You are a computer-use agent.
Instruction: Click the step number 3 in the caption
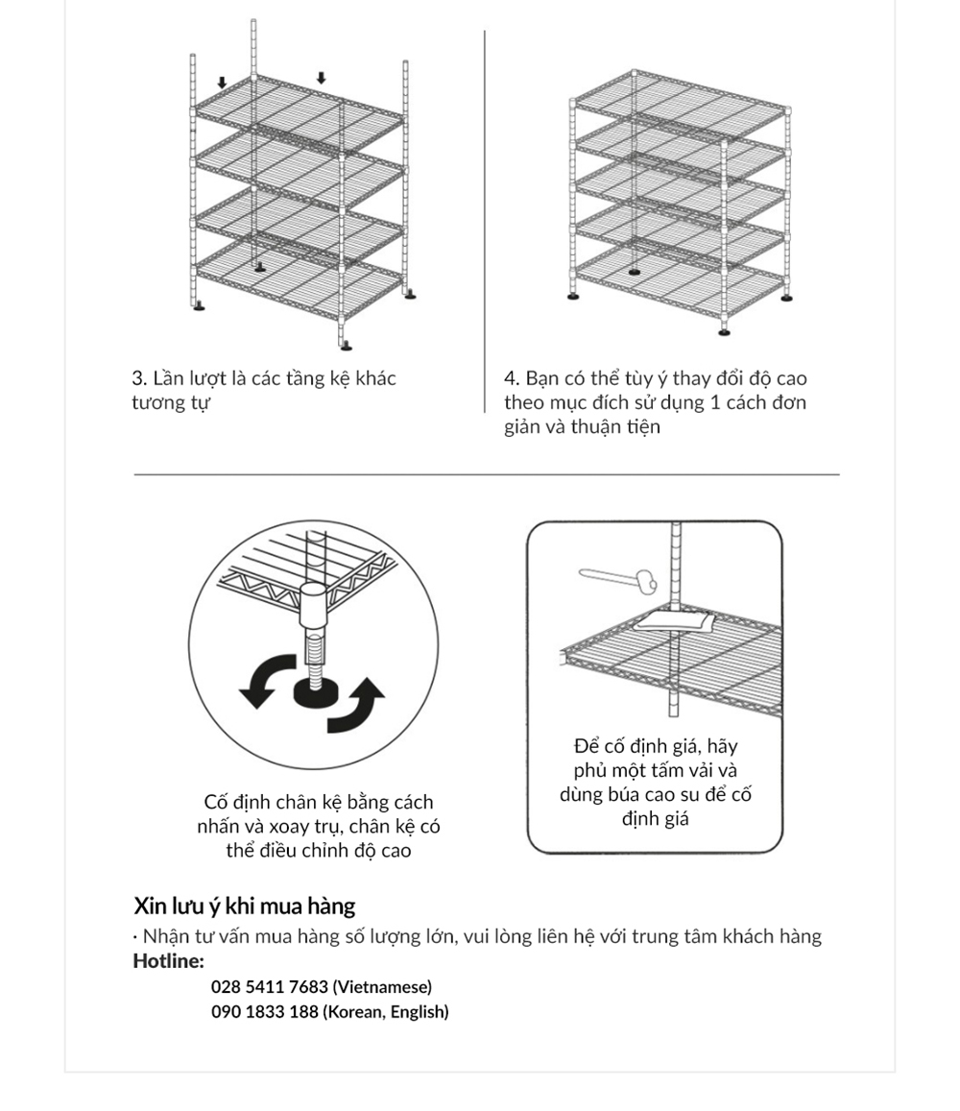click(x=137, y=378)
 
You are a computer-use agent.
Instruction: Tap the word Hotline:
click(x=168, y=961)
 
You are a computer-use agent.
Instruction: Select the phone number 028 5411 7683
click(x=269, y=987)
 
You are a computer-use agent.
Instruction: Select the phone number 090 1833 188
click(x=264, y=1012)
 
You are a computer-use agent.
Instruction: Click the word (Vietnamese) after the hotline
click(x=382, y=987)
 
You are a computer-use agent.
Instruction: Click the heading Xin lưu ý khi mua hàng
click(x=244, y=906)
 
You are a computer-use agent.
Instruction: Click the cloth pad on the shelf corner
click(x=674, y=620)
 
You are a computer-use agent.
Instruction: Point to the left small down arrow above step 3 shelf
click(x=222, y=83)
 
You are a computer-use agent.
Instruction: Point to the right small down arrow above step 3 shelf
click(x=322, y=77)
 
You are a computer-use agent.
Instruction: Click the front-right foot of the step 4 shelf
click(x=725, y=332)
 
